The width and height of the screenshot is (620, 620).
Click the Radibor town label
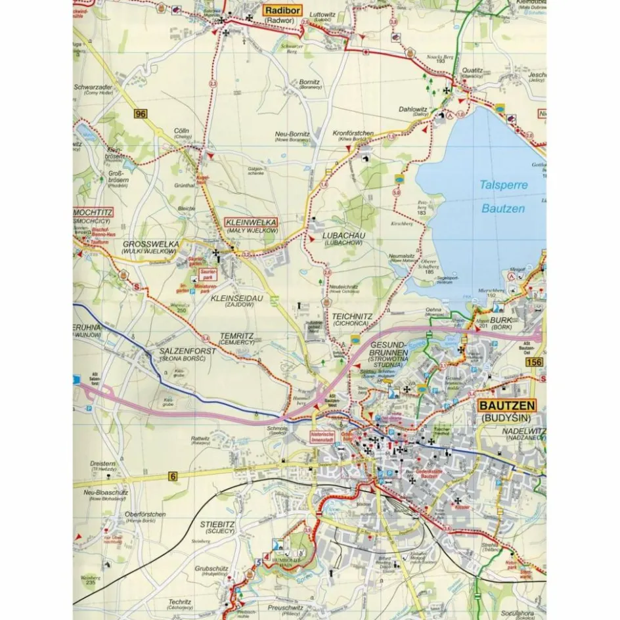coord(282,11)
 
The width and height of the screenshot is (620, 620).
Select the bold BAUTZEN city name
coord(508,405)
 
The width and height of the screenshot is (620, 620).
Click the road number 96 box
coord(139,114)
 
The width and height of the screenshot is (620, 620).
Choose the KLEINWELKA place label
coord(252,221)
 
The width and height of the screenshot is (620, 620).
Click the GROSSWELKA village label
coord(150,244)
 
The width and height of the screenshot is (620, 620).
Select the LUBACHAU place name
coord(343,234)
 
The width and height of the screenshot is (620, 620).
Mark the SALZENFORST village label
coord(187,351)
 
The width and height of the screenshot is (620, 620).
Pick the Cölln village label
coord(182,131)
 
